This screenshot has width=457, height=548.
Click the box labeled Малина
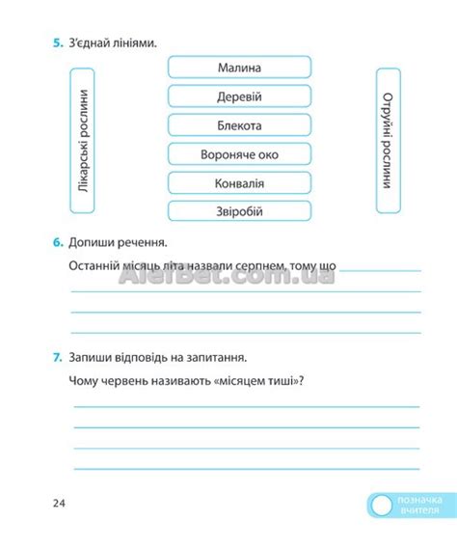point(240,68)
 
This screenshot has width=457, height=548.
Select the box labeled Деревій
point(240,96)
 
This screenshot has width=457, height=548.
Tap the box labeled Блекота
point(240,125)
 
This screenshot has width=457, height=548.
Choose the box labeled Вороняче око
point(240,154)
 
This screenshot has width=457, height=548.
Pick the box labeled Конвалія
point(240,183)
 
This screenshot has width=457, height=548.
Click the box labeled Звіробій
point(240,212)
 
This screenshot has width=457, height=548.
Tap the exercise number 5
point(57,43)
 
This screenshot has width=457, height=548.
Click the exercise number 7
point(57,356)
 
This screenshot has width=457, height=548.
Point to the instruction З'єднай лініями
point(113,43)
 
